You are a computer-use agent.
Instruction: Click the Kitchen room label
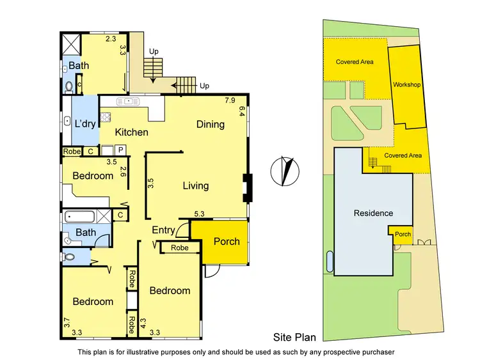(x=132, y=132)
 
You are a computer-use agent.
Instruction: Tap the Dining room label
(x=210, y=124)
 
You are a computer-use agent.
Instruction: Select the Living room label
(x=195, y=185)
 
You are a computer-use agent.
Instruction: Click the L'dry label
(x=85, y=124)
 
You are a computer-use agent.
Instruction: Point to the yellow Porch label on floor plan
(x=226, y=241)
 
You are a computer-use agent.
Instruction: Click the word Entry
(x=163, y=230)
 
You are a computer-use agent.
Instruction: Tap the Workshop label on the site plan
(x=406, y=84)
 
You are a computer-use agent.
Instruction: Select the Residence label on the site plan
(x=373, y=213)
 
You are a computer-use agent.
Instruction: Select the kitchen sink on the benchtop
(x=129, y=100)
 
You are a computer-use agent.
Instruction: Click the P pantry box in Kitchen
(x=119, y=150)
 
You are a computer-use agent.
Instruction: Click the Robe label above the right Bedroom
(x=180, y=247)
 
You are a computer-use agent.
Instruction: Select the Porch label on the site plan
(x=403, y=234)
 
